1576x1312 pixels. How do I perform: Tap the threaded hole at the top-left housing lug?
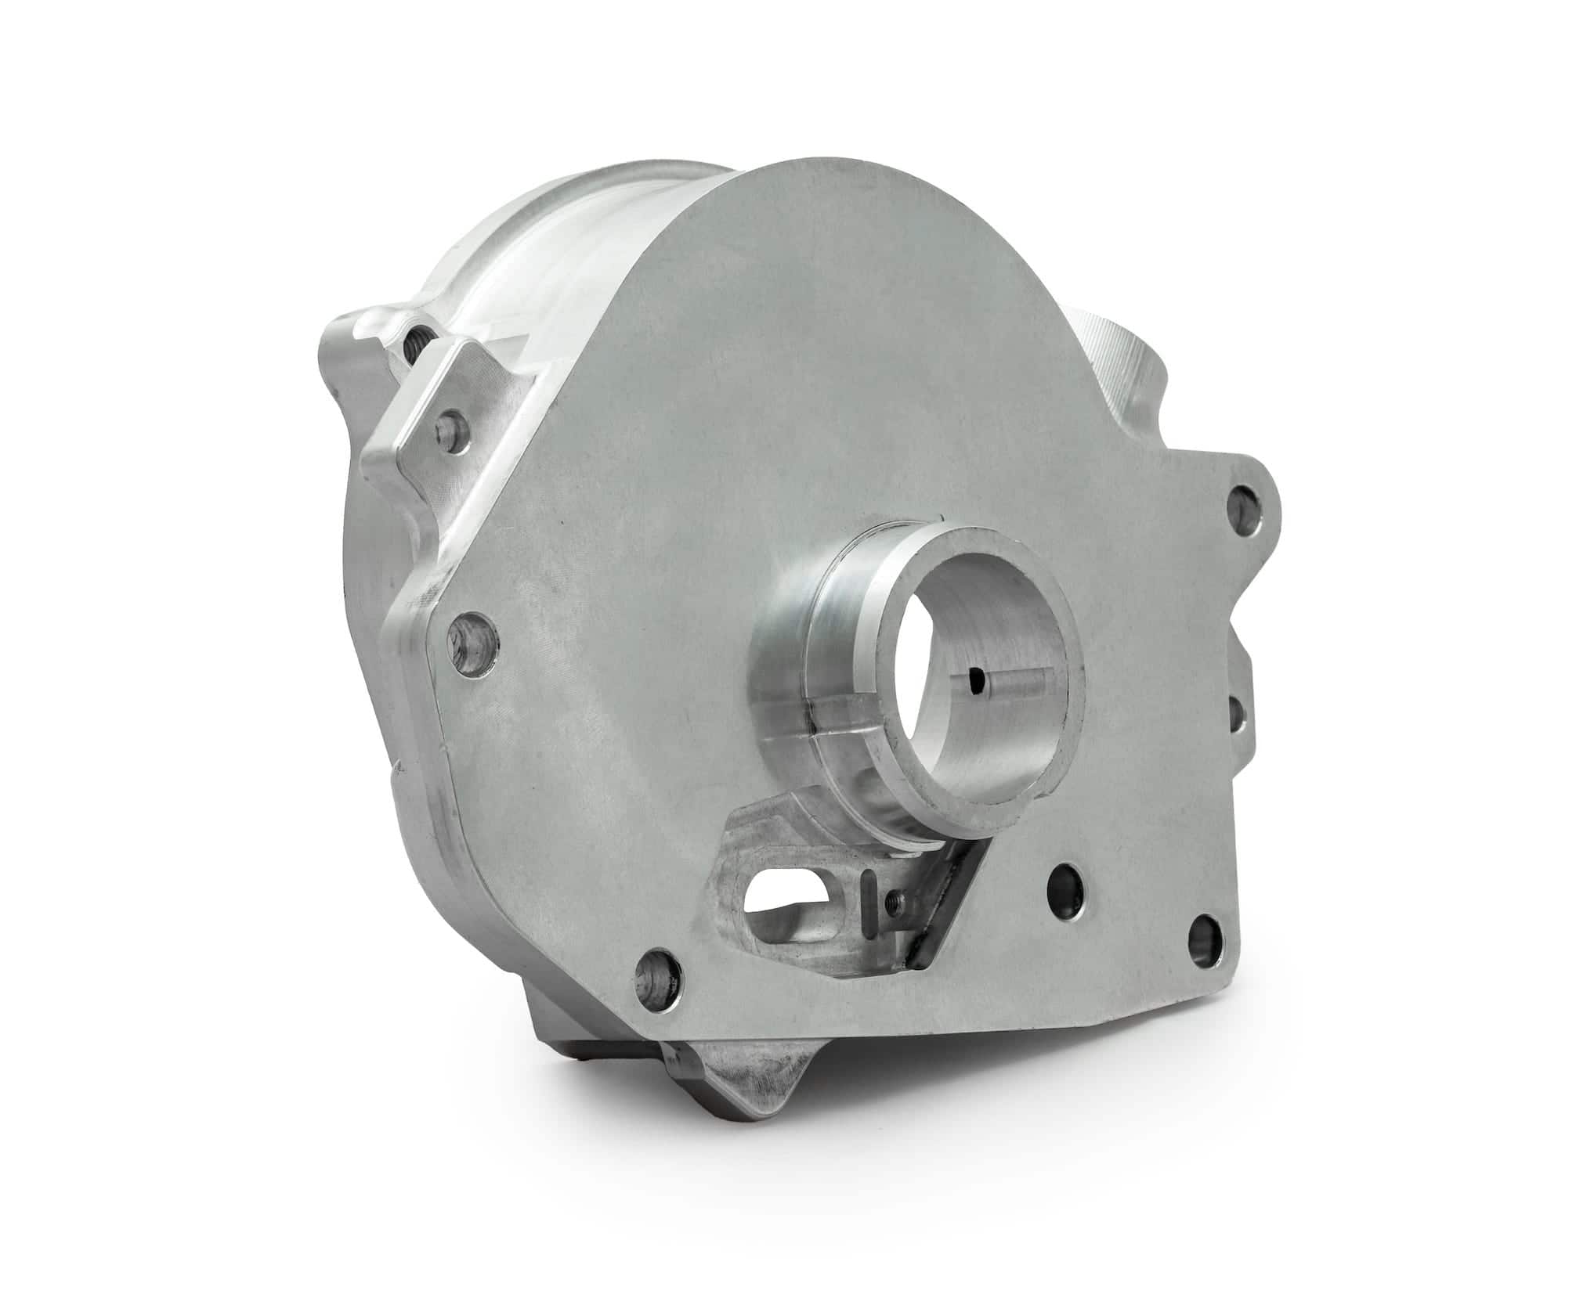412,335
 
